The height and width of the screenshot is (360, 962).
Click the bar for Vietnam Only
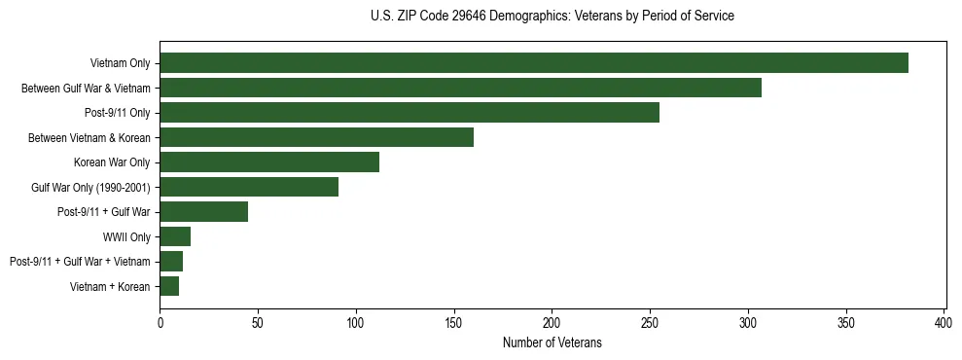coord(534,63)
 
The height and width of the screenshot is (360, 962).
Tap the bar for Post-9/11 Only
coord(410,113)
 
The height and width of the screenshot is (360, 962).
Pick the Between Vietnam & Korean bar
coord(316,137)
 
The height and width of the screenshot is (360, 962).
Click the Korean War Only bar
coord(269,162)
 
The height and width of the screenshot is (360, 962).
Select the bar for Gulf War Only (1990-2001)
coord(249,187)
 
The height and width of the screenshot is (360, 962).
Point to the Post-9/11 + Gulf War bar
coord(204,212)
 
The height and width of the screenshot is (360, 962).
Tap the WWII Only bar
coord(175,236)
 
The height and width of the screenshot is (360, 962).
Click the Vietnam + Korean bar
coord(169,286)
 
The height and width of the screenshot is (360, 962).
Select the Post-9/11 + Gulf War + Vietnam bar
coord(171,262)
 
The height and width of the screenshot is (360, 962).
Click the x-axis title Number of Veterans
coord(552,342)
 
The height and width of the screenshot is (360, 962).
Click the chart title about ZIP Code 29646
coord(552,17)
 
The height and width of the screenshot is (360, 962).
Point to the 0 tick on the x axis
coord(160,321)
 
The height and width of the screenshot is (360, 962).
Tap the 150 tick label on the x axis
coord(454,321)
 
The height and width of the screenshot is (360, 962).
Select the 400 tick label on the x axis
coord(944,321)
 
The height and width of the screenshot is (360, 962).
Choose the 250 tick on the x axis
coord(650,321)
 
